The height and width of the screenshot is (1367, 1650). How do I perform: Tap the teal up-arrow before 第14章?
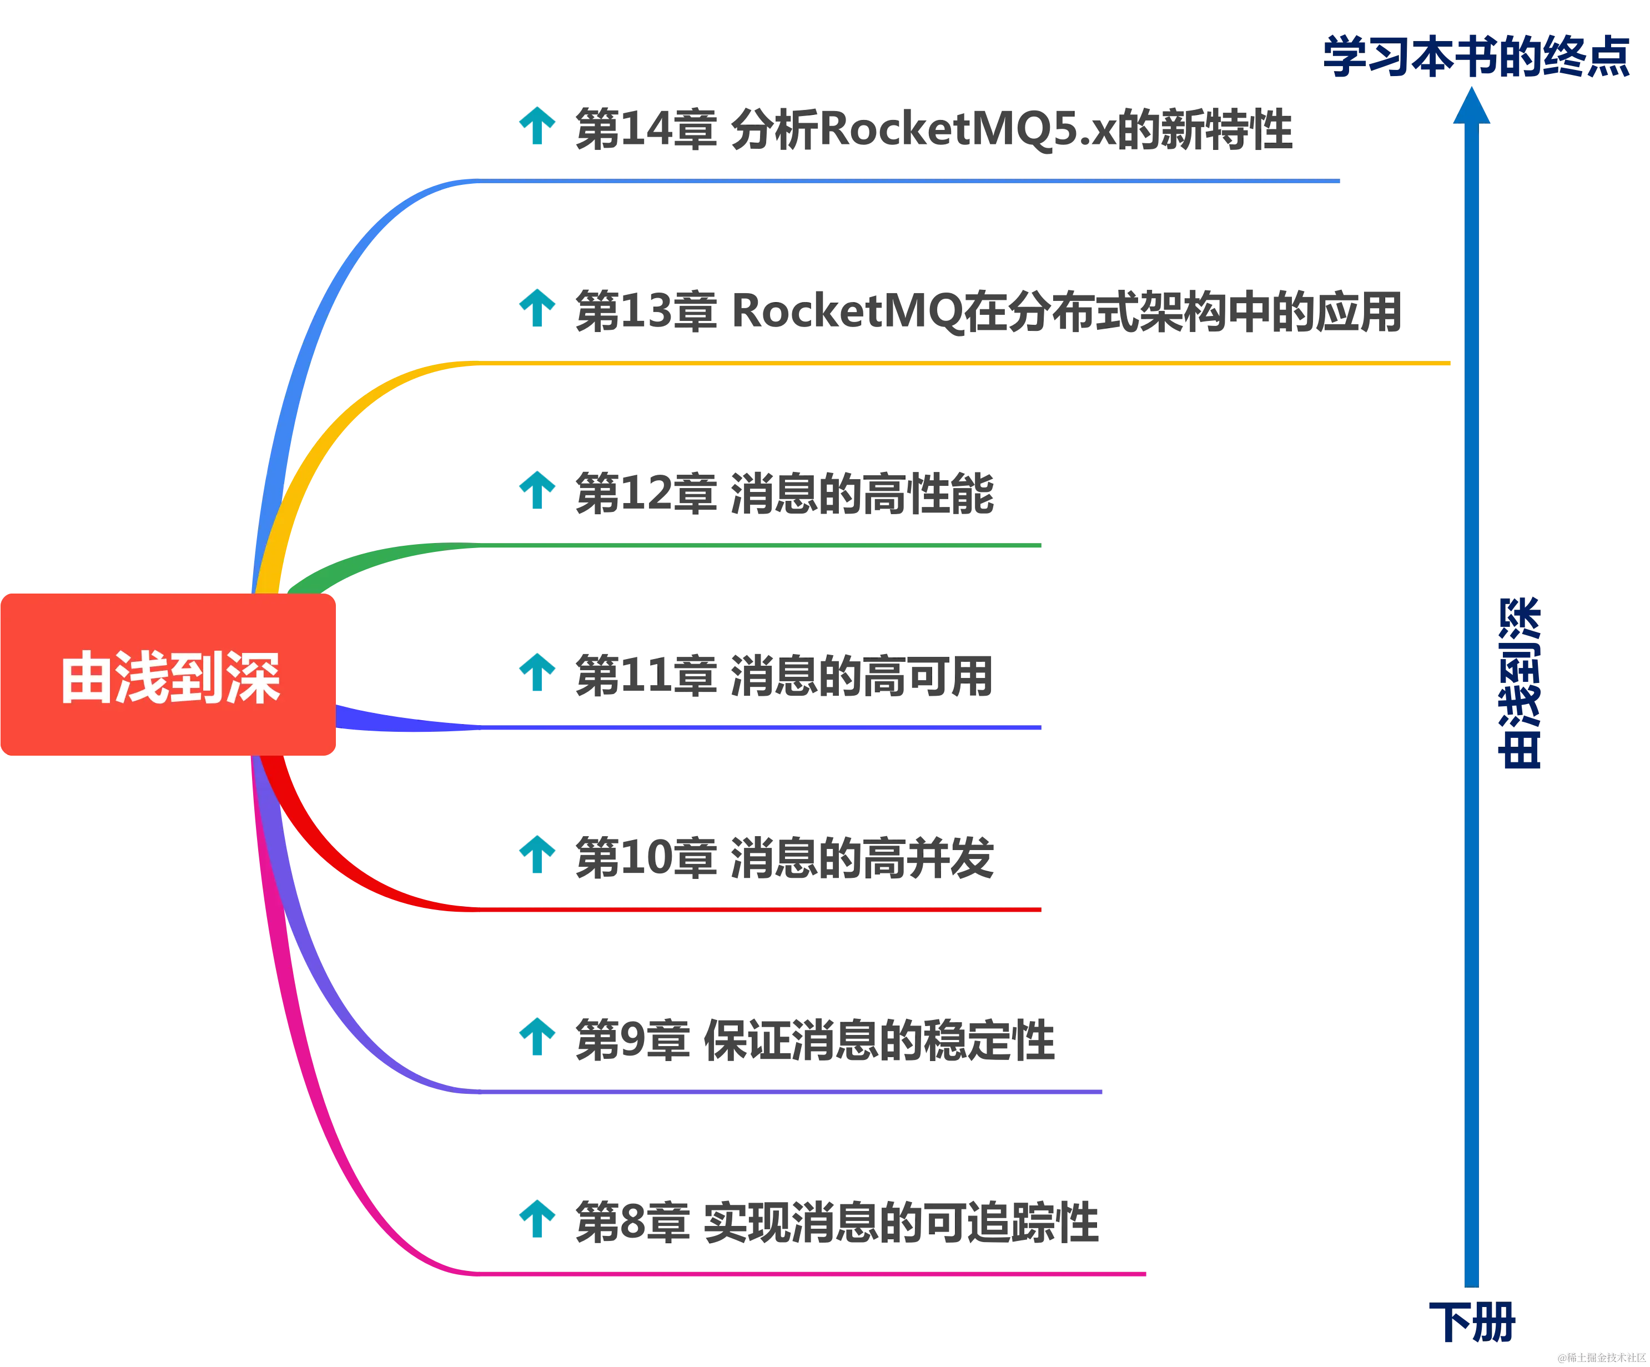pyautogui.click(x=537, y=125)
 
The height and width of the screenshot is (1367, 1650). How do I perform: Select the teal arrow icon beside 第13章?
pyautogui.click(x=537, y=308)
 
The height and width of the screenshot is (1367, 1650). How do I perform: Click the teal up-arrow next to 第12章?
pyautogui.click(x=537, y=490)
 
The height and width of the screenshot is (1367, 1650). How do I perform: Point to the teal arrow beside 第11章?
pyautogui.click(x=537, y=672)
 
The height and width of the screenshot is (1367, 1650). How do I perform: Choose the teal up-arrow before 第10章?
pyautogui.click(x=537, y=854)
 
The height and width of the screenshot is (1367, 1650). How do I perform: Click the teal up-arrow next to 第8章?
pyautogui.click(x=537, y=1219)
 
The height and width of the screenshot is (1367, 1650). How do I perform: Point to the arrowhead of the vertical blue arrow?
pyautogui.click(x=1471, y=107)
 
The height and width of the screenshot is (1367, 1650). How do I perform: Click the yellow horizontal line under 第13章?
pyautogui.click(x=943, y=364)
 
